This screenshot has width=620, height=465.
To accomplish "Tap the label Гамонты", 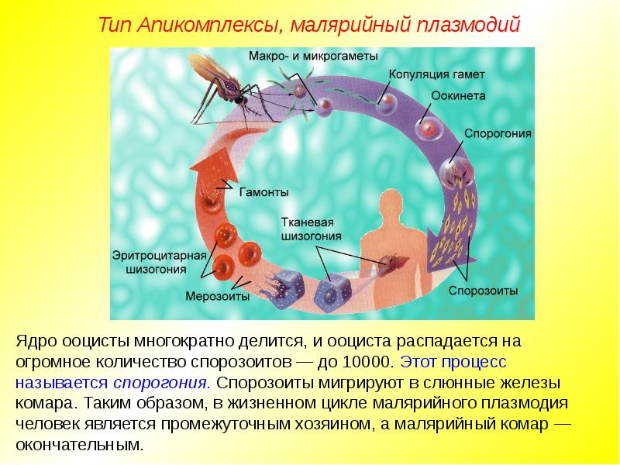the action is [263, 192].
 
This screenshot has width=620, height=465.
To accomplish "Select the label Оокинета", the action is [458, 95].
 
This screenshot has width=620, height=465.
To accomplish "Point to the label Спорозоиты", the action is [483, 291].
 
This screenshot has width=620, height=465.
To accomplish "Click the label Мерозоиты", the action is [218, 296].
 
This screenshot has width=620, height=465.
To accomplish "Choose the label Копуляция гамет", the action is [436, 74].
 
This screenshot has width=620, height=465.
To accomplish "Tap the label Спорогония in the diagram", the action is [498, 133].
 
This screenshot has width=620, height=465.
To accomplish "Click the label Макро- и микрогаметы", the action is [313, 56].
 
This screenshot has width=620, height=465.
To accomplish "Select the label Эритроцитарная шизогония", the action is [160, 262].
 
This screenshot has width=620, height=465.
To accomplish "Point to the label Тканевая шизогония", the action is [311, 229].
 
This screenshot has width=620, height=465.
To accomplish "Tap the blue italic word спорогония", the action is [161, 383].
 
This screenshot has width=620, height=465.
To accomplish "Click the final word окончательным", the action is [80, 444].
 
